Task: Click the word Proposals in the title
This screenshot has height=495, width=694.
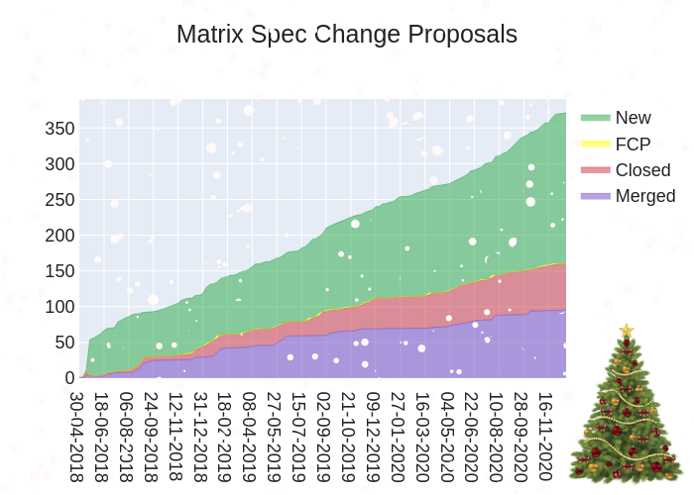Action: [x=466, y=35]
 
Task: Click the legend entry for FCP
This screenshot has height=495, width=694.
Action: [x=633, y=145]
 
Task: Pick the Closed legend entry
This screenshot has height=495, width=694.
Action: [x=642, y=170]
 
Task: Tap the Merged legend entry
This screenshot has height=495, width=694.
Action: [x=645, y=196]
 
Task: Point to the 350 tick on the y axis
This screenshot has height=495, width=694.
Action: [x=60, y=129]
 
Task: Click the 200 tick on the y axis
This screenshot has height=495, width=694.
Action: [x=60, y=236]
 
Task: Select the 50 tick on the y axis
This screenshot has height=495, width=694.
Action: [x=64, y=343]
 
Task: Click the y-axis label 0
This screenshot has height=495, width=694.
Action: [x=70, y=378]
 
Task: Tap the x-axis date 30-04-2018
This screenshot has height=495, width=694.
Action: [x=77, y=436]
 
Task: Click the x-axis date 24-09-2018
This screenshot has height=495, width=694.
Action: [x=152, y=436]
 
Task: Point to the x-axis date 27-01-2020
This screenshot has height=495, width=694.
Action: [x=398, y=436]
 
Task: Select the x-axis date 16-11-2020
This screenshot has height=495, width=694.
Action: [x=545, y=436]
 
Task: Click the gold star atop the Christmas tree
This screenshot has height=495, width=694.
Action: [x=627, y=330]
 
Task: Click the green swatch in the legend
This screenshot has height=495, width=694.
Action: [x=595, y=118]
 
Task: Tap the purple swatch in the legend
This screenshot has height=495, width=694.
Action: [x=595, y=196]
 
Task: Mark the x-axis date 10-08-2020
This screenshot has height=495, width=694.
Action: [x=496, y=436]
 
